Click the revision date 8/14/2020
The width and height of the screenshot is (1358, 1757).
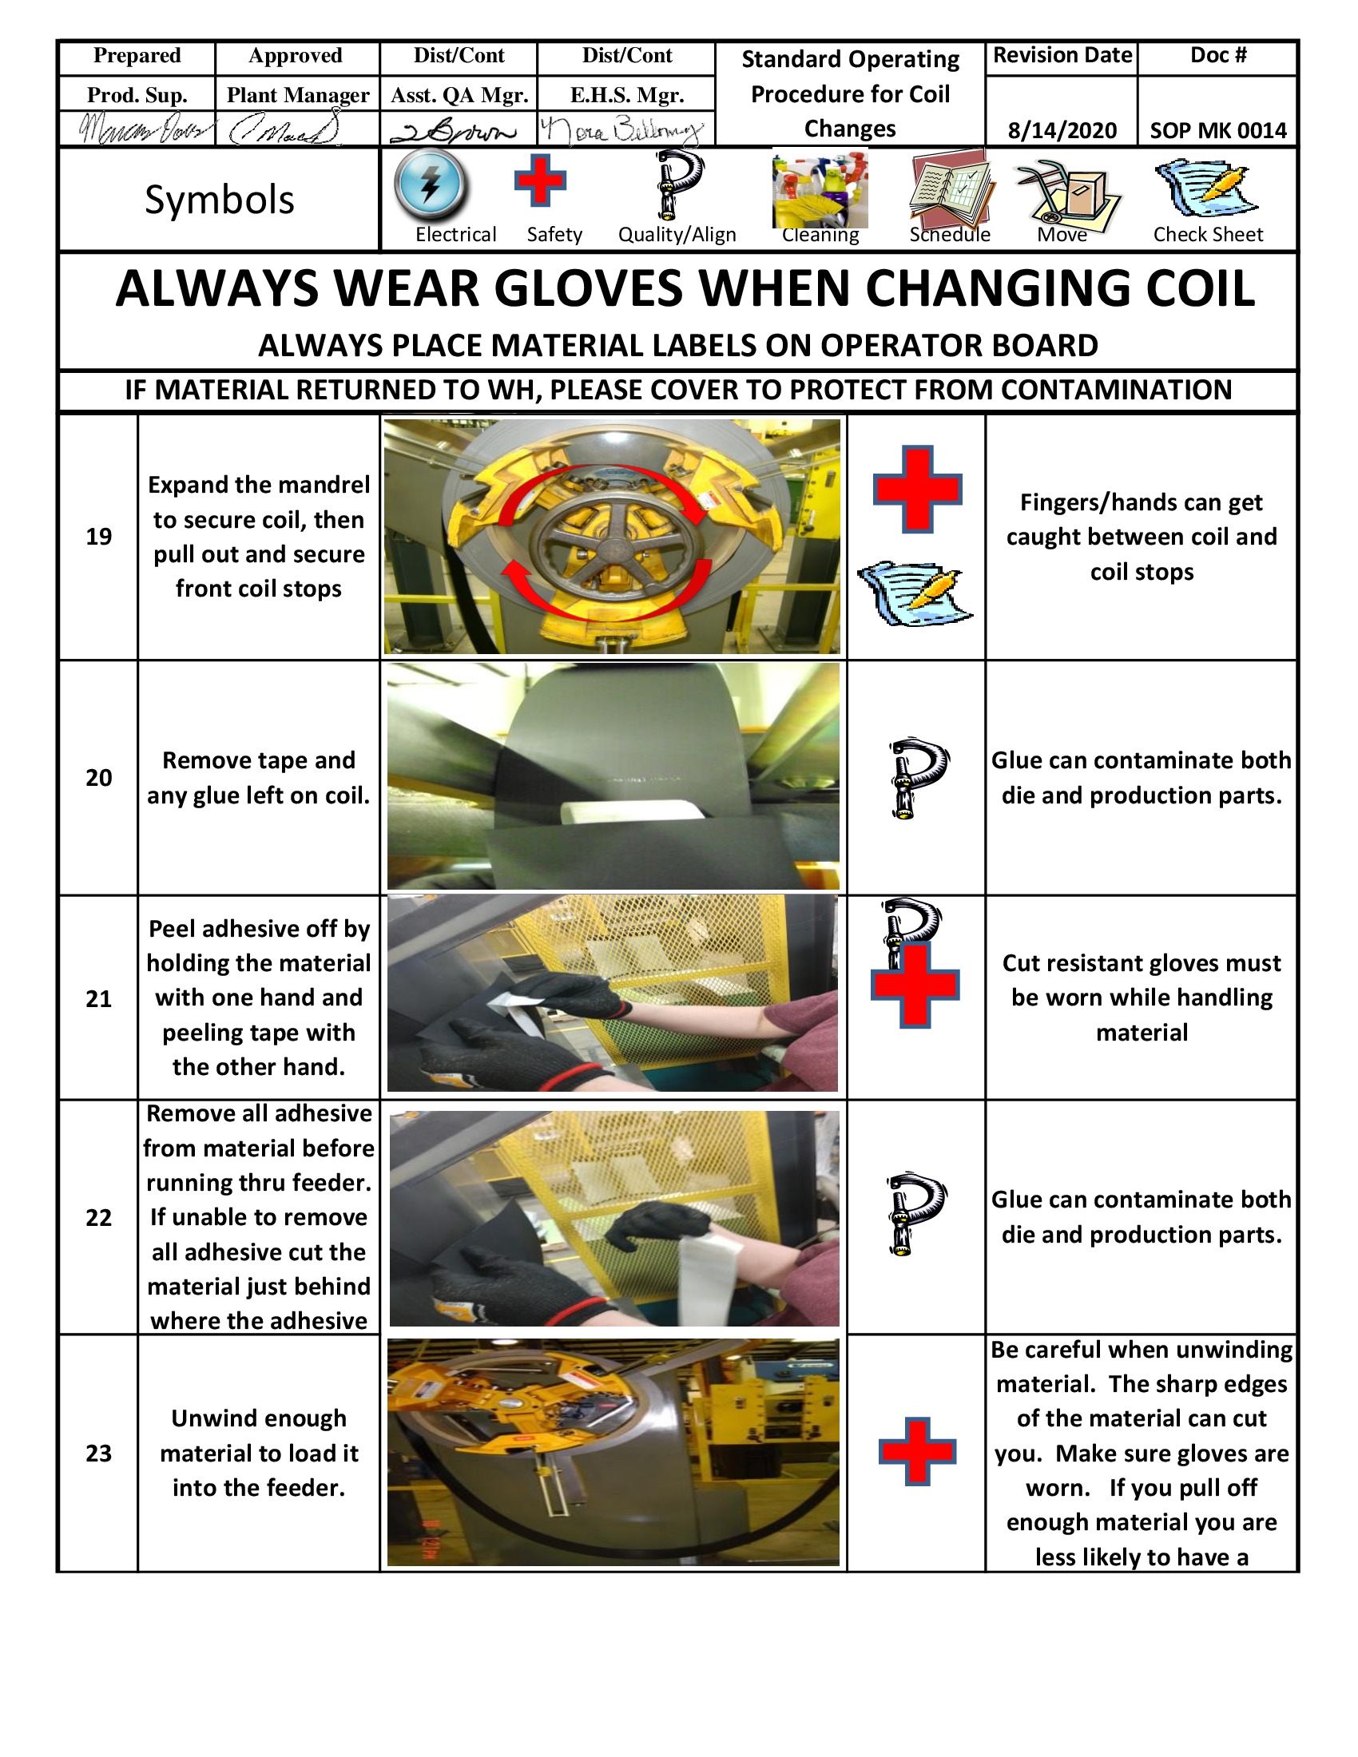click(x=1062, y=130)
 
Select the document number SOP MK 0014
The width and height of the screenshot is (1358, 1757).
click(x=1218, y=130)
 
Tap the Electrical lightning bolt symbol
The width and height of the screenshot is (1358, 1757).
click(x=431, y=185)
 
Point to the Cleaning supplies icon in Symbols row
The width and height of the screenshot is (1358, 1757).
click(x=820, y=190)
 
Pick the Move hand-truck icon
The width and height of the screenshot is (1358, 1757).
click(x=1066, y=193)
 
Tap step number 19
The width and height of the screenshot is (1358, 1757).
click(x=99, y=537)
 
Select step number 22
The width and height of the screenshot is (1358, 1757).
click(x=99, y=1217)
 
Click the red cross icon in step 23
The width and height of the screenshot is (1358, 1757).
click(x=917, y=1451)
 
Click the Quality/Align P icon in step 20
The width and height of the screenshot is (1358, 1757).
click(x=916, y=776)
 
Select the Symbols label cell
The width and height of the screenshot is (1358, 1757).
click(x=219, y=200)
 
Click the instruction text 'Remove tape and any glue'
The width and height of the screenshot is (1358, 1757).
click(x=258, y=777)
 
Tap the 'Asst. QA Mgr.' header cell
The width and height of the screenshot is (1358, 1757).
click(x=459, y=96)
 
